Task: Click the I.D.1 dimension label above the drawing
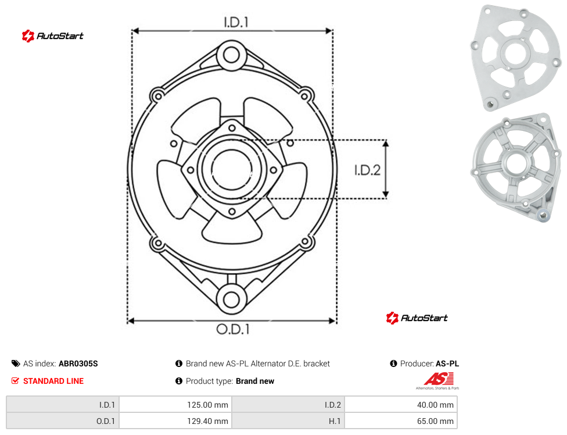coord(236,22)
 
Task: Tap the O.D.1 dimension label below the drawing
coord(233,329)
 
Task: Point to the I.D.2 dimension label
coord(367,170)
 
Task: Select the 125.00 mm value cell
coord(175,405)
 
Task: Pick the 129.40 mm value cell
coord(175,421)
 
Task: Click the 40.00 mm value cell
coord(401,405)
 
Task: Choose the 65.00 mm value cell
coord(401,421)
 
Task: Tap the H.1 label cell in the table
coord(288,421)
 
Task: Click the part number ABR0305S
coord(78,363)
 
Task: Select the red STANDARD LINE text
coord(53,381)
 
